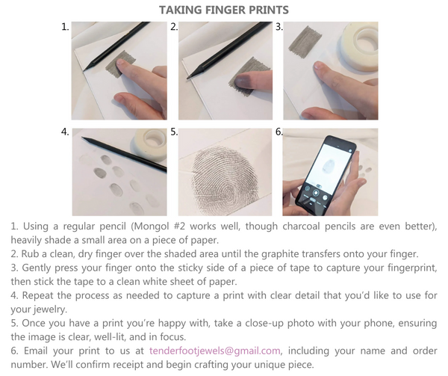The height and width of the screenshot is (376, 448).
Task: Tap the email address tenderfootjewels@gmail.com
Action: (x=214, y=351)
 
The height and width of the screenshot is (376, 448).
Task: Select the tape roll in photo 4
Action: (x=151, y=144)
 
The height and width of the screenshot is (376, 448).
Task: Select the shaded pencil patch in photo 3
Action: (x=305, y=41)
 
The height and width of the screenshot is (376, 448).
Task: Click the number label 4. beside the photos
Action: (x=65, y=132)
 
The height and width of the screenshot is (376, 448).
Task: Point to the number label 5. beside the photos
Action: (x=174, y=132)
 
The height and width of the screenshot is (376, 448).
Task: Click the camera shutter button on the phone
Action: (x=317, y=193)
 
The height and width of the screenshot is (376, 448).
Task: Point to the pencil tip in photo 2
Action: (x=189, y=78)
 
